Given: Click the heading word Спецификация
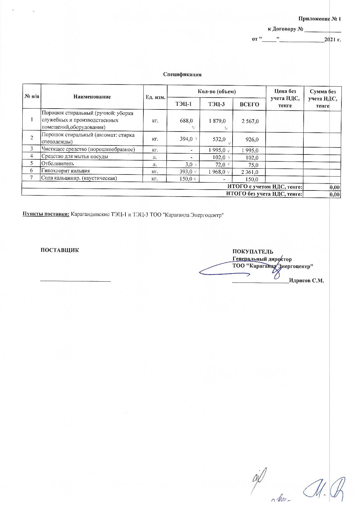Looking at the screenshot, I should click(182, 75).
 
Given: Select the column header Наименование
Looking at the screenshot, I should click(92, 97).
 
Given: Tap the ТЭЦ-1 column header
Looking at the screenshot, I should click(183, 104).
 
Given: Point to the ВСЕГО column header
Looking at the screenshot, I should click(249, 104).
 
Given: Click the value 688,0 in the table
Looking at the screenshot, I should click(186, 120).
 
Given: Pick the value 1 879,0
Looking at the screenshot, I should click(217, 120).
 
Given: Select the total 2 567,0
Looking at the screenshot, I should click(250, 121).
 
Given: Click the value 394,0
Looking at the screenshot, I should click(186, 139).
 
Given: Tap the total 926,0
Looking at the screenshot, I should click(252, 140).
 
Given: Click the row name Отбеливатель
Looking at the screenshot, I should click(58, 163).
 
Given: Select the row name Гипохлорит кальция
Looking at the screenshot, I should click(66, 171).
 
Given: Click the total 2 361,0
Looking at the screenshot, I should click(250, 172).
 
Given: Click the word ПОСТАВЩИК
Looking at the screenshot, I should click(60, 250).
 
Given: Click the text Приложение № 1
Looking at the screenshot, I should click(319, 19).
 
